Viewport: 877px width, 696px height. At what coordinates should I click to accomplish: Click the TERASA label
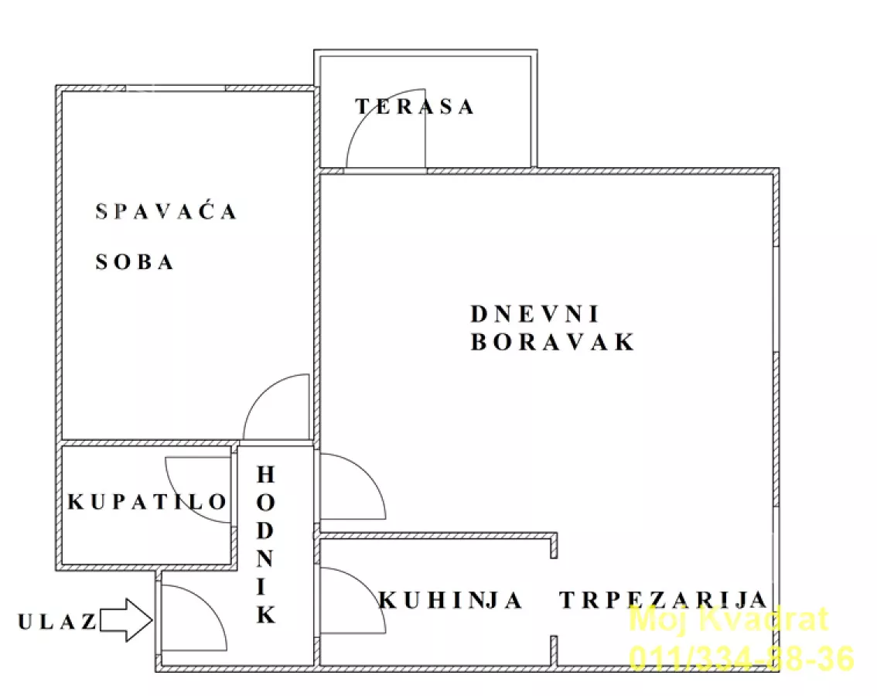pyautogui.click(x=415, y=107)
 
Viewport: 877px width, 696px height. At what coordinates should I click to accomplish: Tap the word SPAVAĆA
pyautogui.click(x=166, y=211)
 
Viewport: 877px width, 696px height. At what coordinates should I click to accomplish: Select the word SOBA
pyautogui.click(x=135, y=262)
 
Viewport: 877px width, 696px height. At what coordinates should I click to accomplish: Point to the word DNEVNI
pyautogui.click(x=536, y=314)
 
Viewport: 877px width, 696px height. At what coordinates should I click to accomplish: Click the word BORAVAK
pyautogui.click(x=552, y=342)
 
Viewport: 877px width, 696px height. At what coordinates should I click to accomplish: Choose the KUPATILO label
pyautogui.click(x=148, y=503)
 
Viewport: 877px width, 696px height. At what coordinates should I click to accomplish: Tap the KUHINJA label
pyautogui.click(x=451, y=600)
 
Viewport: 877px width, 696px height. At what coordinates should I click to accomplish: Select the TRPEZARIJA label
pyautogui.click(x=664, y=600)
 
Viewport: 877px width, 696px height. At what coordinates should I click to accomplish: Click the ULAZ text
pyautogui.click(x=57, y=621)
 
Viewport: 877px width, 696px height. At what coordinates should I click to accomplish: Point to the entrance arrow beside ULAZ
pyautogui.click(x=127, y=621)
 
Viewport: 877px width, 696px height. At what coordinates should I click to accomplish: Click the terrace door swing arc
pyautogui.click(x=372, y=131)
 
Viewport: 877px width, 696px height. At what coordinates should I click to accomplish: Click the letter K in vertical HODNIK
pyautogui.click(x=266, y=615)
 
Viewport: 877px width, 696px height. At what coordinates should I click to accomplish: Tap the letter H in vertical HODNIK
pyautogui.click(x=266, y=473)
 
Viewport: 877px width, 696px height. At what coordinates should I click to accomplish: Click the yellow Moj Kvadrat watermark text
pyautogui.click(x=729, y=619)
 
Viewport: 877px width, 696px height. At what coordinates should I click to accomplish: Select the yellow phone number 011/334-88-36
pyautogui.click(x=742, y=658)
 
